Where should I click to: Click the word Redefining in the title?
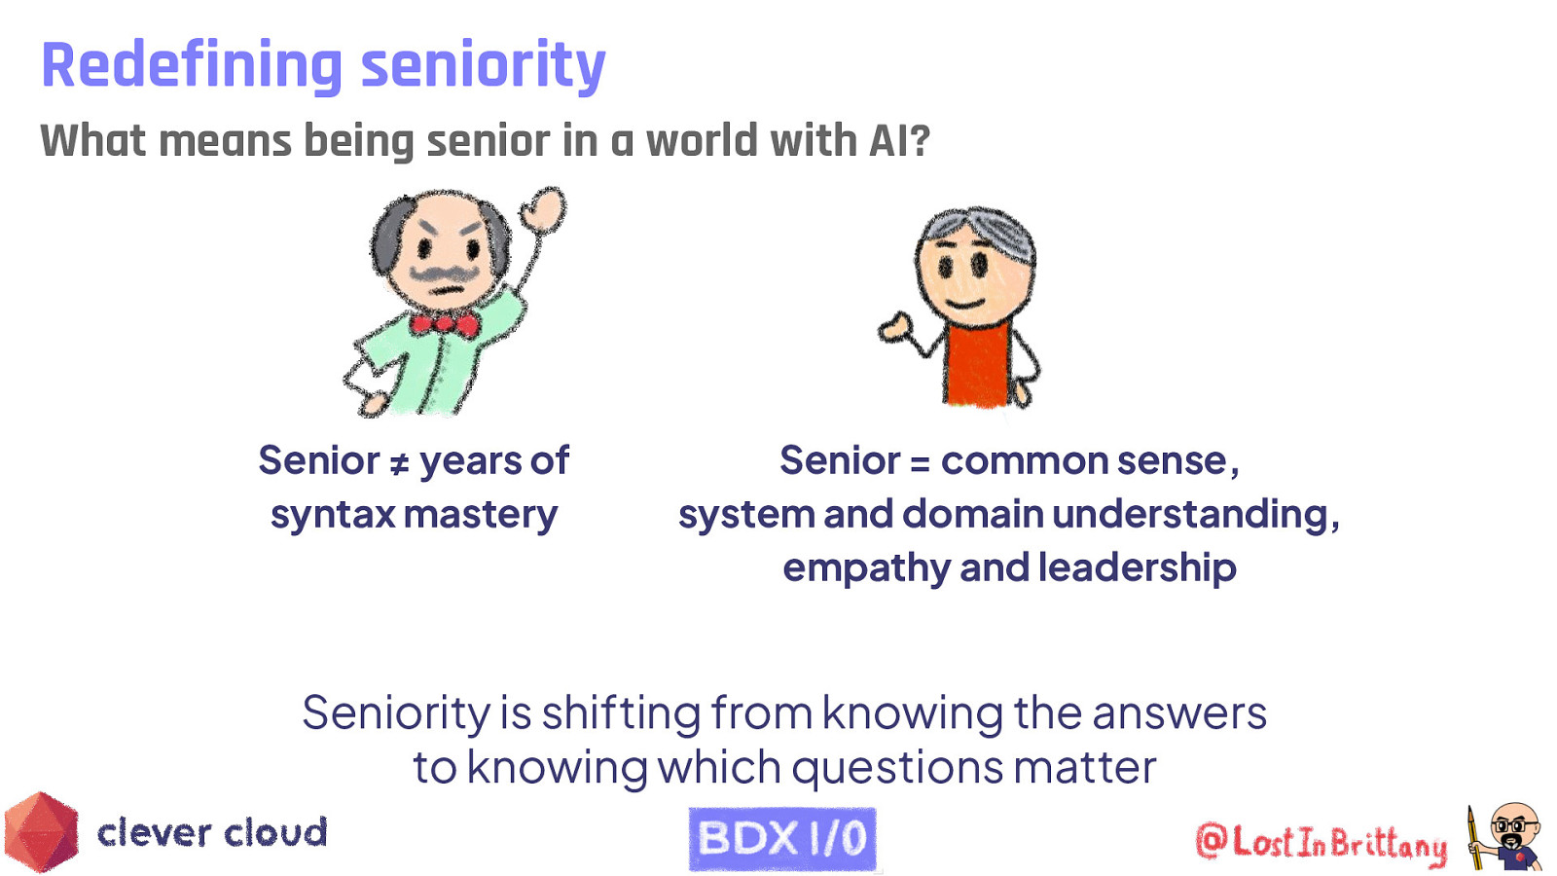191,65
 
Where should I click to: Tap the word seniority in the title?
483,65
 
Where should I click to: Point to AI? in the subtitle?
899,141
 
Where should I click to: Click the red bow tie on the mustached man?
445,323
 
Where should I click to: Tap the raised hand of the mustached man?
543,209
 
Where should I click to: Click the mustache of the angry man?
443,274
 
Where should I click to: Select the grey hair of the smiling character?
976,226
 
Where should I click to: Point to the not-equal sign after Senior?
399,464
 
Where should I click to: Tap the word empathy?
865,568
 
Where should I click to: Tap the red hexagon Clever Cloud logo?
41,832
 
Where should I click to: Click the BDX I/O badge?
782,838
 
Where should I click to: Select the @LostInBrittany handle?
1321,842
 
